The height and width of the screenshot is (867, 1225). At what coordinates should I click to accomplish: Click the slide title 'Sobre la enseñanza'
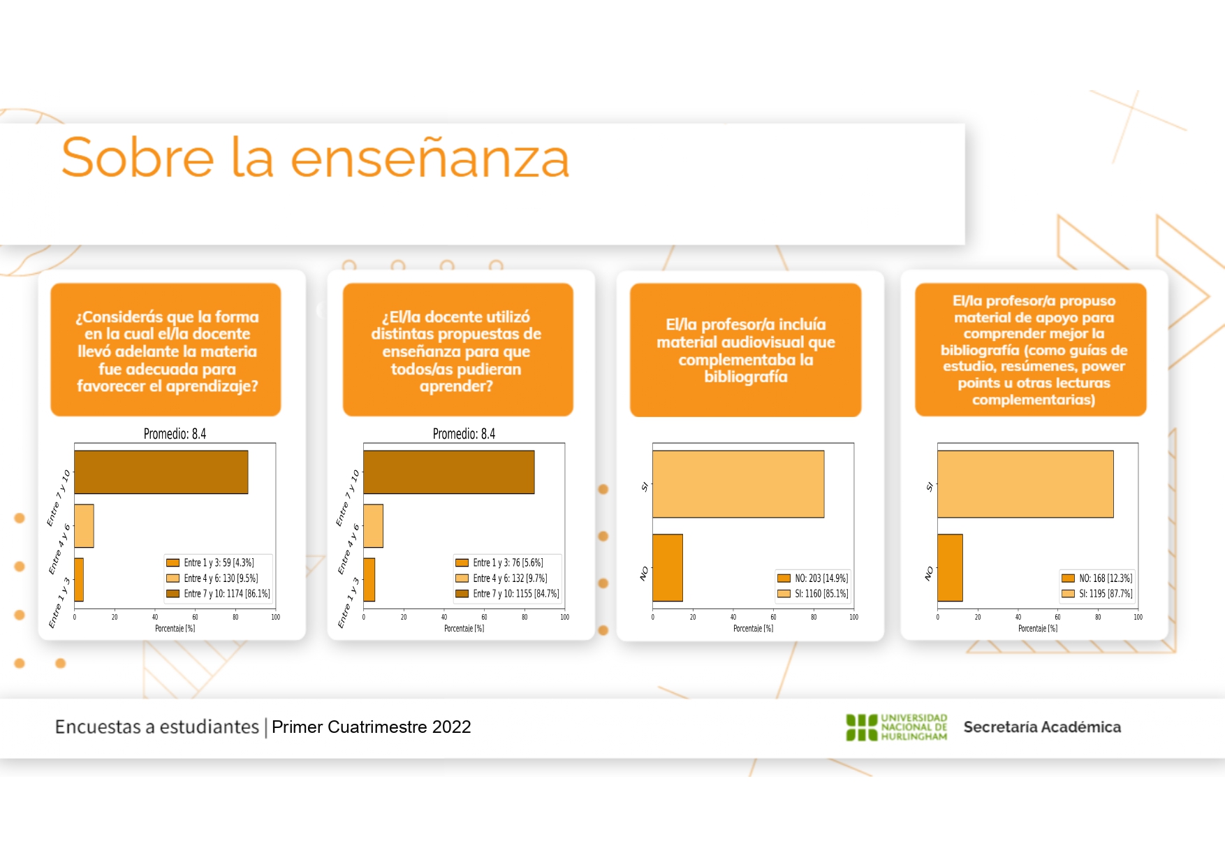pyautogui.click(x=316, y=157)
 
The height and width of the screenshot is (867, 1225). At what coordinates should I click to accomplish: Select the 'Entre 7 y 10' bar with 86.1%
pyautogui.click(x=161, y=472)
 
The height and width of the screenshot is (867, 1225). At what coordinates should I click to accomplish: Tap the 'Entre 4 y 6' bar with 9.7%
pyautogui.click(x=373, y=526)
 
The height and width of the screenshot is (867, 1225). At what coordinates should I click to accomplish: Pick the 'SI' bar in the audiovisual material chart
pyautogui.click(x=738, y=484)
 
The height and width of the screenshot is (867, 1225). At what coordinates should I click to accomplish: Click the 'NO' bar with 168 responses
pyautogui.click(x=950, y=568)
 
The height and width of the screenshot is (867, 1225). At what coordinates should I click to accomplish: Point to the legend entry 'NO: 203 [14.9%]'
pyautogui.click(x=814, y=578)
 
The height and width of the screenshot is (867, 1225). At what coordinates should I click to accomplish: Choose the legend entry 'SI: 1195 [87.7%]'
pyautogui.click(x=1097, y=594)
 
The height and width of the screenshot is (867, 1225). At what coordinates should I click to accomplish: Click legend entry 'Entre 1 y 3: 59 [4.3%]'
pyautogui.click(x=210, y=562)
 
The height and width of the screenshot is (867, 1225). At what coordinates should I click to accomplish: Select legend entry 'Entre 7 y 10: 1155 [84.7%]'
pyautogui.click(x=508, y=594)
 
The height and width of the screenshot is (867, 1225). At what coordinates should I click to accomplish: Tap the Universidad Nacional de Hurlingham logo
pyautogui.click(x=897, y=727)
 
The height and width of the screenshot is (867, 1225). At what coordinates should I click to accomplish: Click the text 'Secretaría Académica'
pyautogui.click(x=1042, y=727)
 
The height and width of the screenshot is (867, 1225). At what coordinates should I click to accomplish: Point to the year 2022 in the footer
pyautogui.click(x=451, y=727)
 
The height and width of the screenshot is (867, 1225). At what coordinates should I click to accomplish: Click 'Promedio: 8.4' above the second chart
pyautogui.click(x=464, y=434)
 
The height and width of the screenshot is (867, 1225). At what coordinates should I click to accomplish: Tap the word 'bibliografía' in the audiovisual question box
pyautogui.click(x=746, y=377)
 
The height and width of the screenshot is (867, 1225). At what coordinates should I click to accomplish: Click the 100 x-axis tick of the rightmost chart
pyautogui.click(x=1138, y=617)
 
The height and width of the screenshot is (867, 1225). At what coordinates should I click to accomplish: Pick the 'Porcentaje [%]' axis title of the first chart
pyautogui.click(x=175, y=629)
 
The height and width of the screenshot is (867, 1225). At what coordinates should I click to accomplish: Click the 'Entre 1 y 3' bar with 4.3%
pyautogui.click(x=79, y=580)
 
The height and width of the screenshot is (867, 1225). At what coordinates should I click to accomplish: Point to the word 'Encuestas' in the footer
pyautogui.click(x=98, y=727)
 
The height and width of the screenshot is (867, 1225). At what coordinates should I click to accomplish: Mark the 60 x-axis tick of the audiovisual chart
pyautogui.click(x=773, y=617)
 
